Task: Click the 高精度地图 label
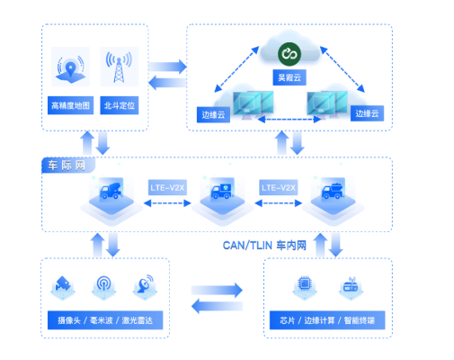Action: point(70,105)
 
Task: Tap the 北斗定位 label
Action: point(120,105)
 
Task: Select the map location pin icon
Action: point(70,68)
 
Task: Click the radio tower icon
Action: point(119,67)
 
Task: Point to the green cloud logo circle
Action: point(289,54)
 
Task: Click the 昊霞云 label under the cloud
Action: point(289,77)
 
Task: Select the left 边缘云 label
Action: point(213,114)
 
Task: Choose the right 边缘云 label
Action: point(367,113)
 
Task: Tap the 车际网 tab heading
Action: point(67,166)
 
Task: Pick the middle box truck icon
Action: point(222,191)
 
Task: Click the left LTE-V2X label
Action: point(167,188)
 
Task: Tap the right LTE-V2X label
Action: point(279,188)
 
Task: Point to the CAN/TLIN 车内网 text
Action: point(264,246)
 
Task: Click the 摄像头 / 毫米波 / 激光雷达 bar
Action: point(105,320)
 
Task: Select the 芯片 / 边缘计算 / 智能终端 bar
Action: point(327,320)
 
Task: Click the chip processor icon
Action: point(305,283)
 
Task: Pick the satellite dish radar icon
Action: point(146,283)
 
